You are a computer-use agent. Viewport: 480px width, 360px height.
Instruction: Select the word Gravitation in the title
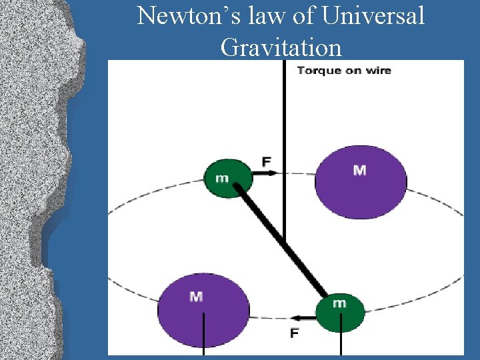(281, 47)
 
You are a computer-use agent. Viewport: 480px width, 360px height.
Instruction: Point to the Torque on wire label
(343, 70)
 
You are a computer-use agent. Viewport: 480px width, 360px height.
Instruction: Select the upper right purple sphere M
(360, 181)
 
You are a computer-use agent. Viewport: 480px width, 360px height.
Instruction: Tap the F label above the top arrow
(266, 161)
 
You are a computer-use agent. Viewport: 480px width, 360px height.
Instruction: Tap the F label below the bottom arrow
(294, 333)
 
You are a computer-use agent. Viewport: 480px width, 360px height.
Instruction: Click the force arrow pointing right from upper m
(264, 173)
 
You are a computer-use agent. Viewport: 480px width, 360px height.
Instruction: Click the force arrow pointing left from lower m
(305, 318)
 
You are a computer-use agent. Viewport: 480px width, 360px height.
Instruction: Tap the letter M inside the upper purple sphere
(359, 171)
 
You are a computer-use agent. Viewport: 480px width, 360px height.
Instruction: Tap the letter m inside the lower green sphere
(339, 303)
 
